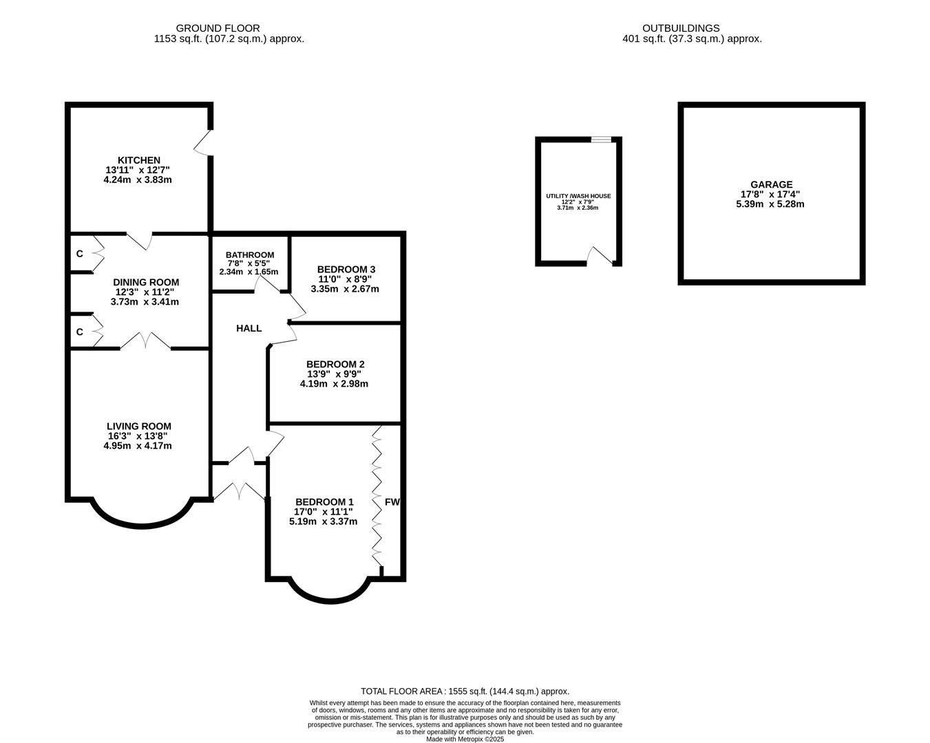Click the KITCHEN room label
[139, 160]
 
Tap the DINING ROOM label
[146, 283]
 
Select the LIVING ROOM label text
[139, 427]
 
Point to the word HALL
[249, 328]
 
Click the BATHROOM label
[250, 255]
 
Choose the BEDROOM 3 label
[346, 270]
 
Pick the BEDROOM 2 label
[335, 365]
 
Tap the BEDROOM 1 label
[324, 502]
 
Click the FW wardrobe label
[392, 502]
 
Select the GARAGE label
[772, 184]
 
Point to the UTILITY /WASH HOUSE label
[578, 196]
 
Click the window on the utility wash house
[601, 139]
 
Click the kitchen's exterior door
[203, 142]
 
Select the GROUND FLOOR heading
[218, 28]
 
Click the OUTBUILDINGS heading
[681, 28]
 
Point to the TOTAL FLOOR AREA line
[465, 691]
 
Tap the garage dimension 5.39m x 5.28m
[770, 204]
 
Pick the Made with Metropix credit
[465, 739]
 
